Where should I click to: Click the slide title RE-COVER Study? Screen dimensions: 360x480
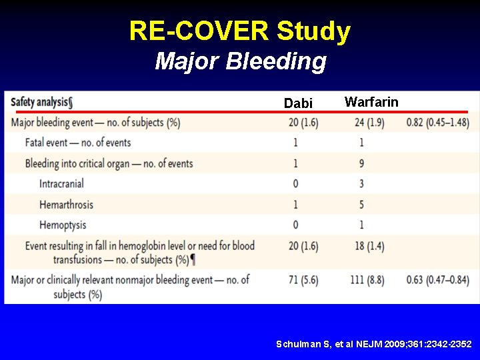pos(240,31)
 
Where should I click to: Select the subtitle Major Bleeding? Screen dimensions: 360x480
pos(241,61)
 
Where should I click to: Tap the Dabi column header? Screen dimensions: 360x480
pos(297,103)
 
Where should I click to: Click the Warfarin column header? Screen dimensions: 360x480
pos(371,102)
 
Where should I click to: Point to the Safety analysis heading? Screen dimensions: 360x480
pos(41,102)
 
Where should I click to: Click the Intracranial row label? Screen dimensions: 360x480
pos(61,183)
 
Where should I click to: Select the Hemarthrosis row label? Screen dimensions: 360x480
pos(66,204)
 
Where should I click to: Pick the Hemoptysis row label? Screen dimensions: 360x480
pos(63,225)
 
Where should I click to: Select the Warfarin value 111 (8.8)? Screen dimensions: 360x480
pos(369,280)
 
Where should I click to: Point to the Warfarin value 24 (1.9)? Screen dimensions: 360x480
pos(369,123)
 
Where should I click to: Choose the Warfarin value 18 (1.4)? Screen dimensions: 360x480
pos(369,246)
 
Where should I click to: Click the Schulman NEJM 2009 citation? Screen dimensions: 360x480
pos(374,344)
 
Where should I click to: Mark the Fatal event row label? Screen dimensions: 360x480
pos(78,143)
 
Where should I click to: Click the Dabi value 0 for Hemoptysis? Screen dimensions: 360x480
pos(295,225)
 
